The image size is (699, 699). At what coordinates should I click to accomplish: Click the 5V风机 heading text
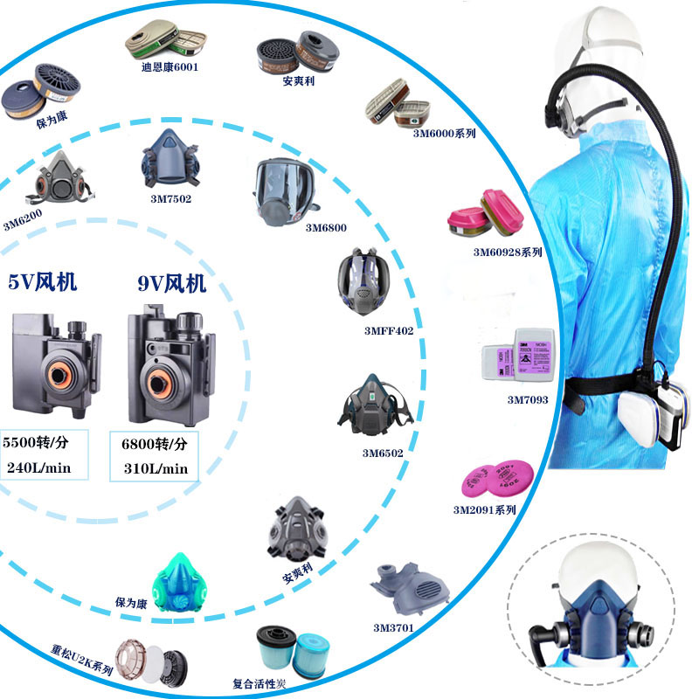[x=43, y=282]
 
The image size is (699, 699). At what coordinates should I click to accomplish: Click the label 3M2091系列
[x=484, y=509]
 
